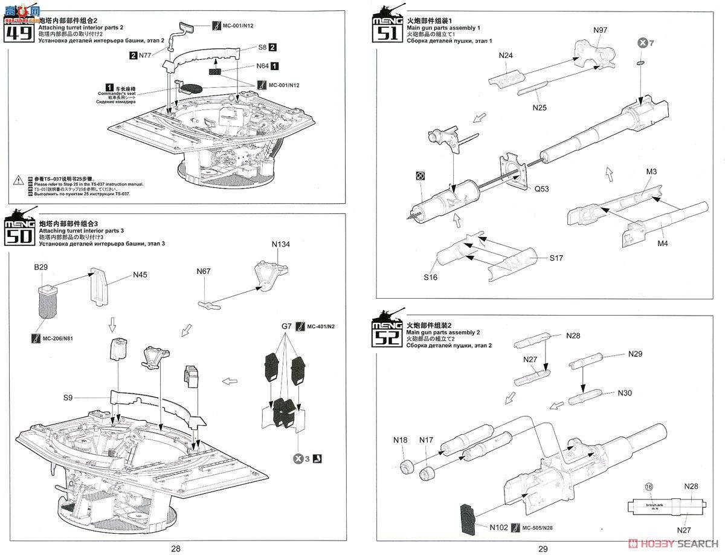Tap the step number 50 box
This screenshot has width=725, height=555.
click(x=20, y=232)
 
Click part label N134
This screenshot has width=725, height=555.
click(x=282, y=244)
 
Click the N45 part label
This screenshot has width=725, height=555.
click(x=140, y=274)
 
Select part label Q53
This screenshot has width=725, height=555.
click(x=542, y=187)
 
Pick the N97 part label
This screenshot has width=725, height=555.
click(x=601, y=30)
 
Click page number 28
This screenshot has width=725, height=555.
click(x=175, y=549)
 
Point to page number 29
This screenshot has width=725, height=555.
click(x=543, y=549)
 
